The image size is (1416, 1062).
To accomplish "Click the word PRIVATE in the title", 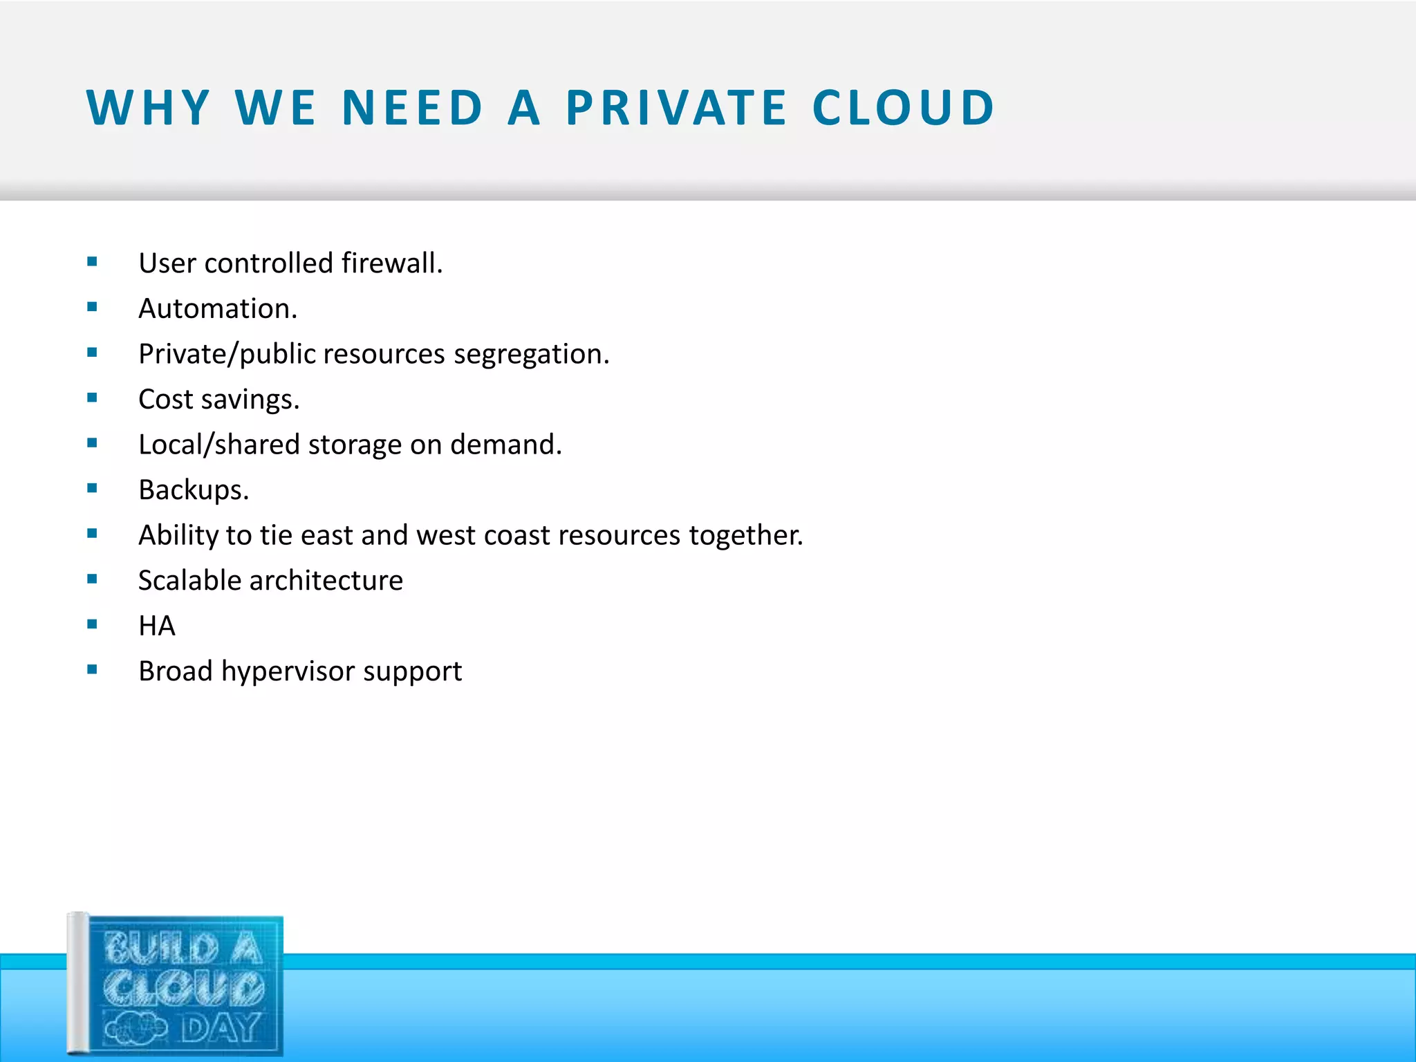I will (676, 109).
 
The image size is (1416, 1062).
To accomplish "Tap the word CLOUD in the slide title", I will (903, 109).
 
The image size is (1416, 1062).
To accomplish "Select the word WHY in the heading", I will (148, 109).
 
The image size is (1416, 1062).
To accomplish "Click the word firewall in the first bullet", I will (391, 263).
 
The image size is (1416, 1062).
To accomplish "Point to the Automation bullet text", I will (218, 309).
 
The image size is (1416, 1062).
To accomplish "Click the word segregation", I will (531, 355).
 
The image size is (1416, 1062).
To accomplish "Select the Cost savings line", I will (218, 400).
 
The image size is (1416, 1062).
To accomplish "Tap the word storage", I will (355, 445).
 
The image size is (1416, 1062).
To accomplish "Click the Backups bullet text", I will (194, 490).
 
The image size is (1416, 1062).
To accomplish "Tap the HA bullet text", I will (157, 626).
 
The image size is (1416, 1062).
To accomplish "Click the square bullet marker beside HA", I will (93, 624).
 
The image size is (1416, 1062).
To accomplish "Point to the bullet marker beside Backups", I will (93, 488).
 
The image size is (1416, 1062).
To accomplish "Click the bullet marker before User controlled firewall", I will (93, 261).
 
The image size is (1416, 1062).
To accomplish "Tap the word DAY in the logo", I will (221, 1029).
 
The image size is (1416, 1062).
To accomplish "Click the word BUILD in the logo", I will (161, 949).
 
